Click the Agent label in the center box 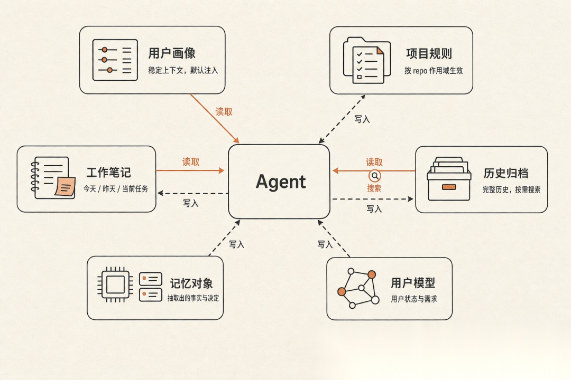tap(281, 182)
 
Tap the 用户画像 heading tap(172, 53)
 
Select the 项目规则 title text tap(429, 53)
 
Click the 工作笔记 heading tap(108, 173)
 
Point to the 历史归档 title tap(506, 173)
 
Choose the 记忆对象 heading tap(191, 283)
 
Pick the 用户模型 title tap(413, 282)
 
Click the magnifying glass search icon tap(375, 176)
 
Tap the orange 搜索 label tap(374, 188)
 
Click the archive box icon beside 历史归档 tap(449, 179)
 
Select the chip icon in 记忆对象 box tap(115, 284)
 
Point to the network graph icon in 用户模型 tap(358, 288)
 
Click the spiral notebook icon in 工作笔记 tap(53, 178)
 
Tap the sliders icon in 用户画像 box tap(115, 60)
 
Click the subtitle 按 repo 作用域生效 tap(434, 71)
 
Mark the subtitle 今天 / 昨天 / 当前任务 tap(116, 189)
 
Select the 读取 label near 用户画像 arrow tap(224, 112)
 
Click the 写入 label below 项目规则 tap(362, 119)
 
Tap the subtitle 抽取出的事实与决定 tap(194, 298)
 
